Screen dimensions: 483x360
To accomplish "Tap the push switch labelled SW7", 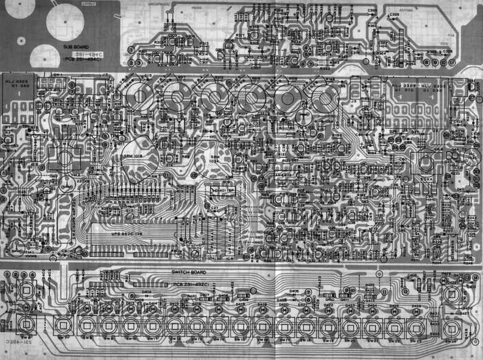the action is coord(62,324).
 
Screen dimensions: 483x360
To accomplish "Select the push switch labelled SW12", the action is coord(174,324).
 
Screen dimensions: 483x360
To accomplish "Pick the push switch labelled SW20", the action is coord(350,324).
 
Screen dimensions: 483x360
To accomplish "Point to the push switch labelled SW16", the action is coord(261,324).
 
